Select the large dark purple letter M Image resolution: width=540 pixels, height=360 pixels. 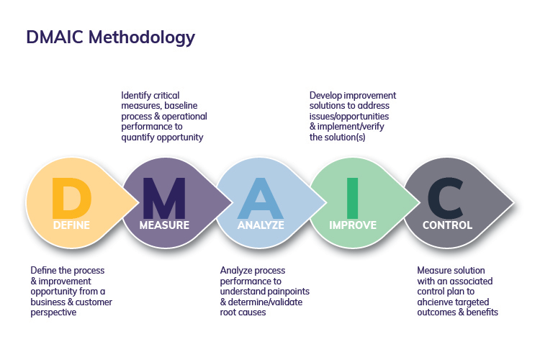click(x=164, y=198)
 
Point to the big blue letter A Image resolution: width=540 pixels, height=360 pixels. click(x=261, y=198)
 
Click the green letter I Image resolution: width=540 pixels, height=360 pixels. click(x=352, y=198)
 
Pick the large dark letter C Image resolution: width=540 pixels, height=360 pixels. click(x=446, y=198)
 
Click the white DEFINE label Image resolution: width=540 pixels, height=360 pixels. click(x=71, y=225)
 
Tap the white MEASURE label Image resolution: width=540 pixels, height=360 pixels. click(x=164, y=225)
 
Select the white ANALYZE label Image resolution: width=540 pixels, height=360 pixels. click(x=261, y=225)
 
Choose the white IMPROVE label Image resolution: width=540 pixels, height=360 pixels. click(x=353, y=225)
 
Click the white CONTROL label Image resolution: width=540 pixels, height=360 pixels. click(x=447, y=225)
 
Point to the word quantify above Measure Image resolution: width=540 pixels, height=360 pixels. click(x=139, y=137)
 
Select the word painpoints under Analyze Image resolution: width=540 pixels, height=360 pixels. click(x=282, y=292)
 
